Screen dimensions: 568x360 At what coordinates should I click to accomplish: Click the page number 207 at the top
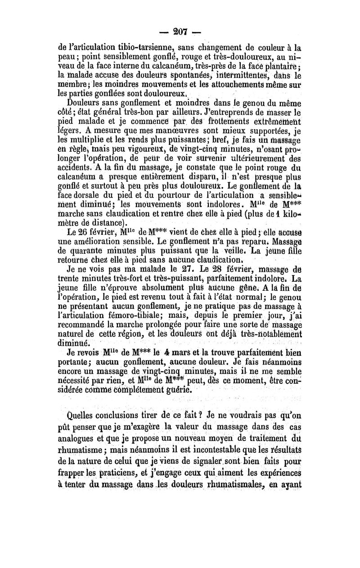click(179, 33)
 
